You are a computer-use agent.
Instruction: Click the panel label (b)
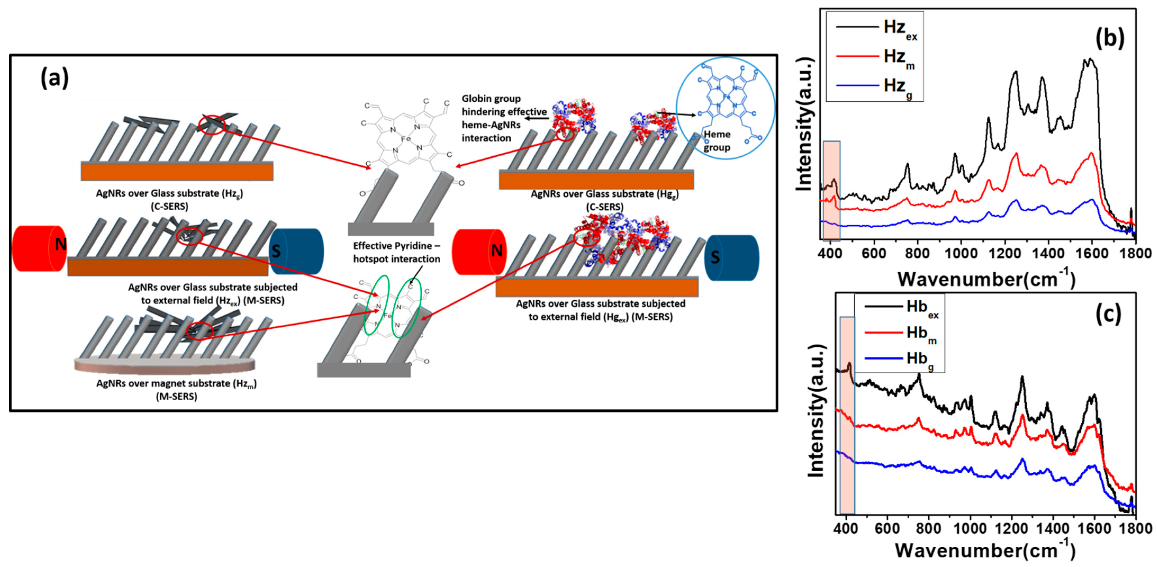(1109, 38)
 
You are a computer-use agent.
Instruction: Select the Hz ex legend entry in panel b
(876, 28)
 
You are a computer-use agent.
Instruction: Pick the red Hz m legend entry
(876, 57)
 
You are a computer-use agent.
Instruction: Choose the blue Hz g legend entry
(876, 86)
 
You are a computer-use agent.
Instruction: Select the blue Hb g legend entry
(901, 359)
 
